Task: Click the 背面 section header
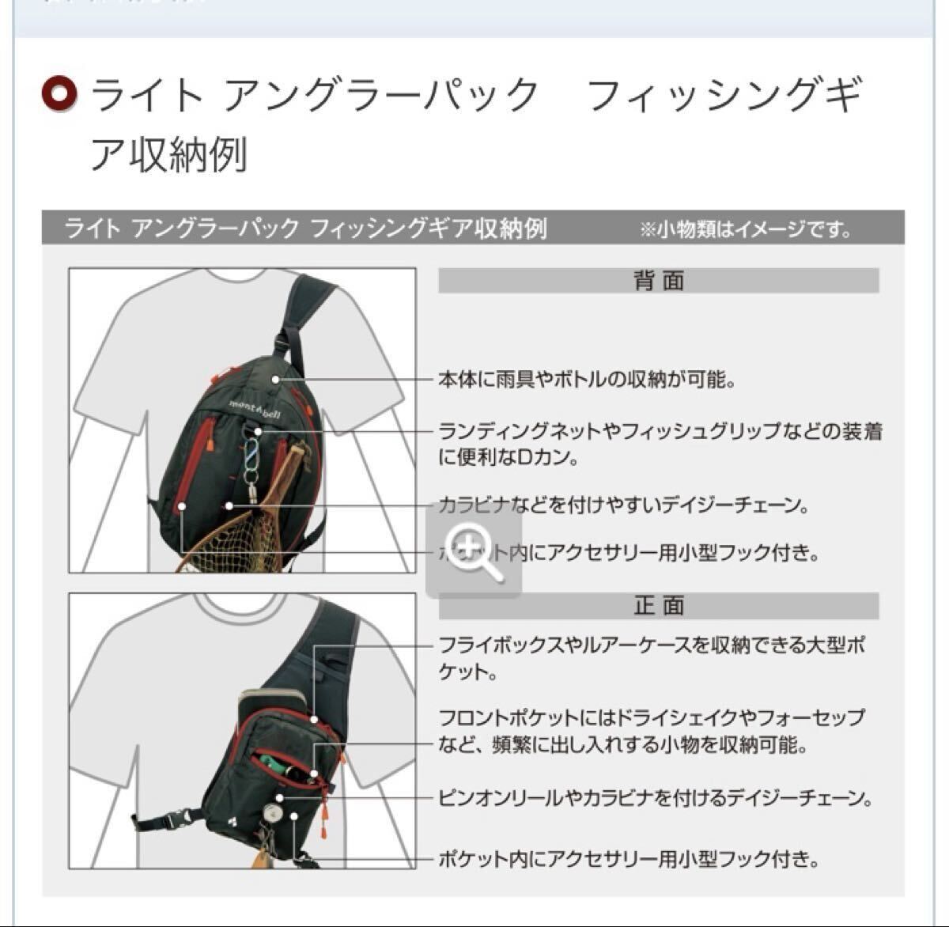(x=658, y=281)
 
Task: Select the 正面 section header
(x=658, y=606)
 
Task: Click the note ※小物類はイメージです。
(x=747, y=230)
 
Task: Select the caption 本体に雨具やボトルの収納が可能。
(x=587, y=380)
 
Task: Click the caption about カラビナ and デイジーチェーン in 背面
(x=625, y=505)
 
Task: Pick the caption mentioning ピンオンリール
(x=655, y=798)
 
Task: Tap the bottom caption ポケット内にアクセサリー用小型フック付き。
(x=628, y=859)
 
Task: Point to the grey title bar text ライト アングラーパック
(x=181, y=229)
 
